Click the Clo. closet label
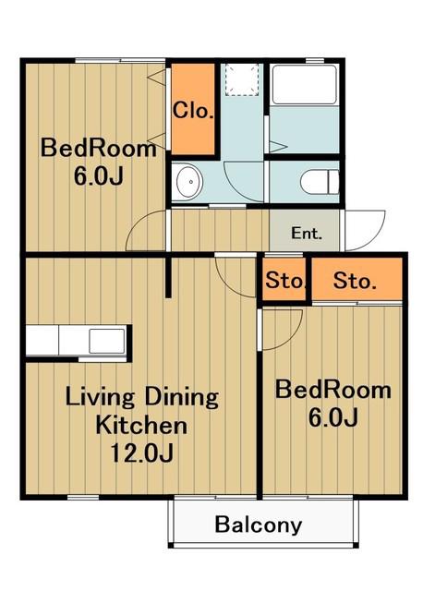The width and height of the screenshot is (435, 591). [193, 111]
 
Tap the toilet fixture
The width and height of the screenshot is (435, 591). [320, 182]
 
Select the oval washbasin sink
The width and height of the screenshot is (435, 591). [190, 182]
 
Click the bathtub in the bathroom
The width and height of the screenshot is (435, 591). [305, 85]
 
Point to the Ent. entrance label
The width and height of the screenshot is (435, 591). [307, 234]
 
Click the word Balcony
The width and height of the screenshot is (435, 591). [259, 525]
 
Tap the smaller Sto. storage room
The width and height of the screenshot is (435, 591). [284, 280]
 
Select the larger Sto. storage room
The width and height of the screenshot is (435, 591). [357, 280]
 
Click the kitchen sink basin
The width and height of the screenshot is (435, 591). [107, 341]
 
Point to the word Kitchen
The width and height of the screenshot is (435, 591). [141, 425]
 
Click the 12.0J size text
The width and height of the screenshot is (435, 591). [141, 452]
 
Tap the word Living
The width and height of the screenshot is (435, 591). [100, 397]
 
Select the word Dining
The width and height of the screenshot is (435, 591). [182, 397]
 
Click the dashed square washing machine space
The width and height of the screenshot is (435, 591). [242, 79]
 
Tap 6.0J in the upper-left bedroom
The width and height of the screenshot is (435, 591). [99, 175]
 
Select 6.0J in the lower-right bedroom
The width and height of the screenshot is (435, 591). [333, 417]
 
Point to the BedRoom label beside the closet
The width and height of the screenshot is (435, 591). [99, 148]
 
